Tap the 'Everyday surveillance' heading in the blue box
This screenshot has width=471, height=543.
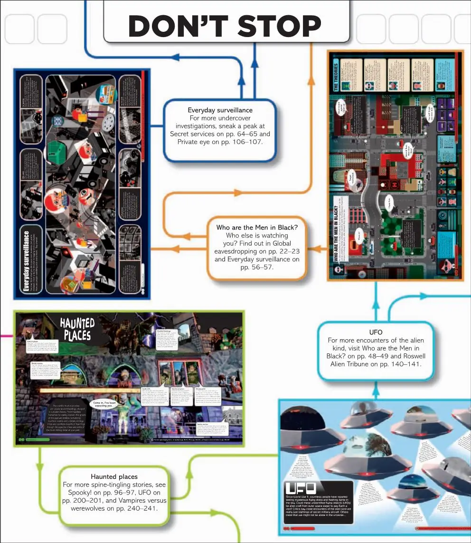click(x=220, y=110)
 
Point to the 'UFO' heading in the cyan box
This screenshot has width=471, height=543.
click(x=376, y=332)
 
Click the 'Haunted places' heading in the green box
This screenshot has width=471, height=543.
click(x=114, y=476)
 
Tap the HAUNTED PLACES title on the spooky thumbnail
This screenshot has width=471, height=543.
click(x=77, y=329)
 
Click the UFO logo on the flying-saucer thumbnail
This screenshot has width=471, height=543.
click(x=301, y=488)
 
